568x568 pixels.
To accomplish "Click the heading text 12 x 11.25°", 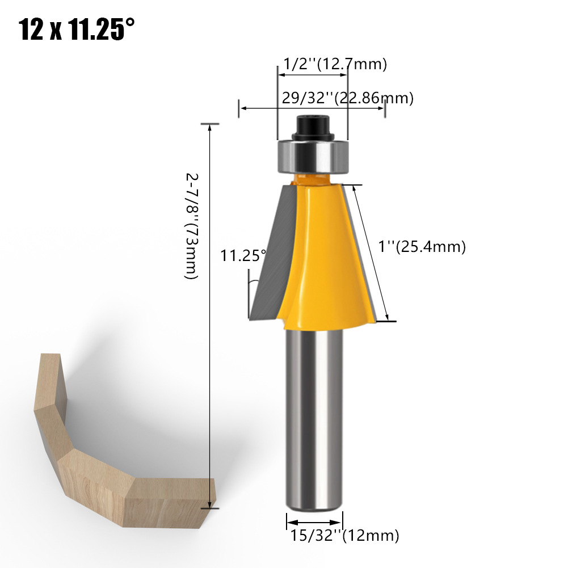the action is point(77,29).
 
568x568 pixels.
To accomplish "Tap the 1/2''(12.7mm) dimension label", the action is point(335,64).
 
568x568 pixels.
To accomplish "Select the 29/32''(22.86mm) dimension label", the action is point(348,98).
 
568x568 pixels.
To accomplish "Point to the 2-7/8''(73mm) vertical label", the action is point(192,226).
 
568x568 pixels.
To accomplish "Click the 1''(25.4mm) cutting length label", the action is point(422,247).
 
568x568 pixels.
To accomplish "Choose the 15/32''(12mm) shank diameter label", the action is point(344,536).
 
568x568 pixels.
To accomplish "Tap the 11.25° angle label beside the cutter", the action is point(243,255).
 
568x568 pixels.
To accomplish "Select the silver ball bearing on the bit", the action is point(313,157).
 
